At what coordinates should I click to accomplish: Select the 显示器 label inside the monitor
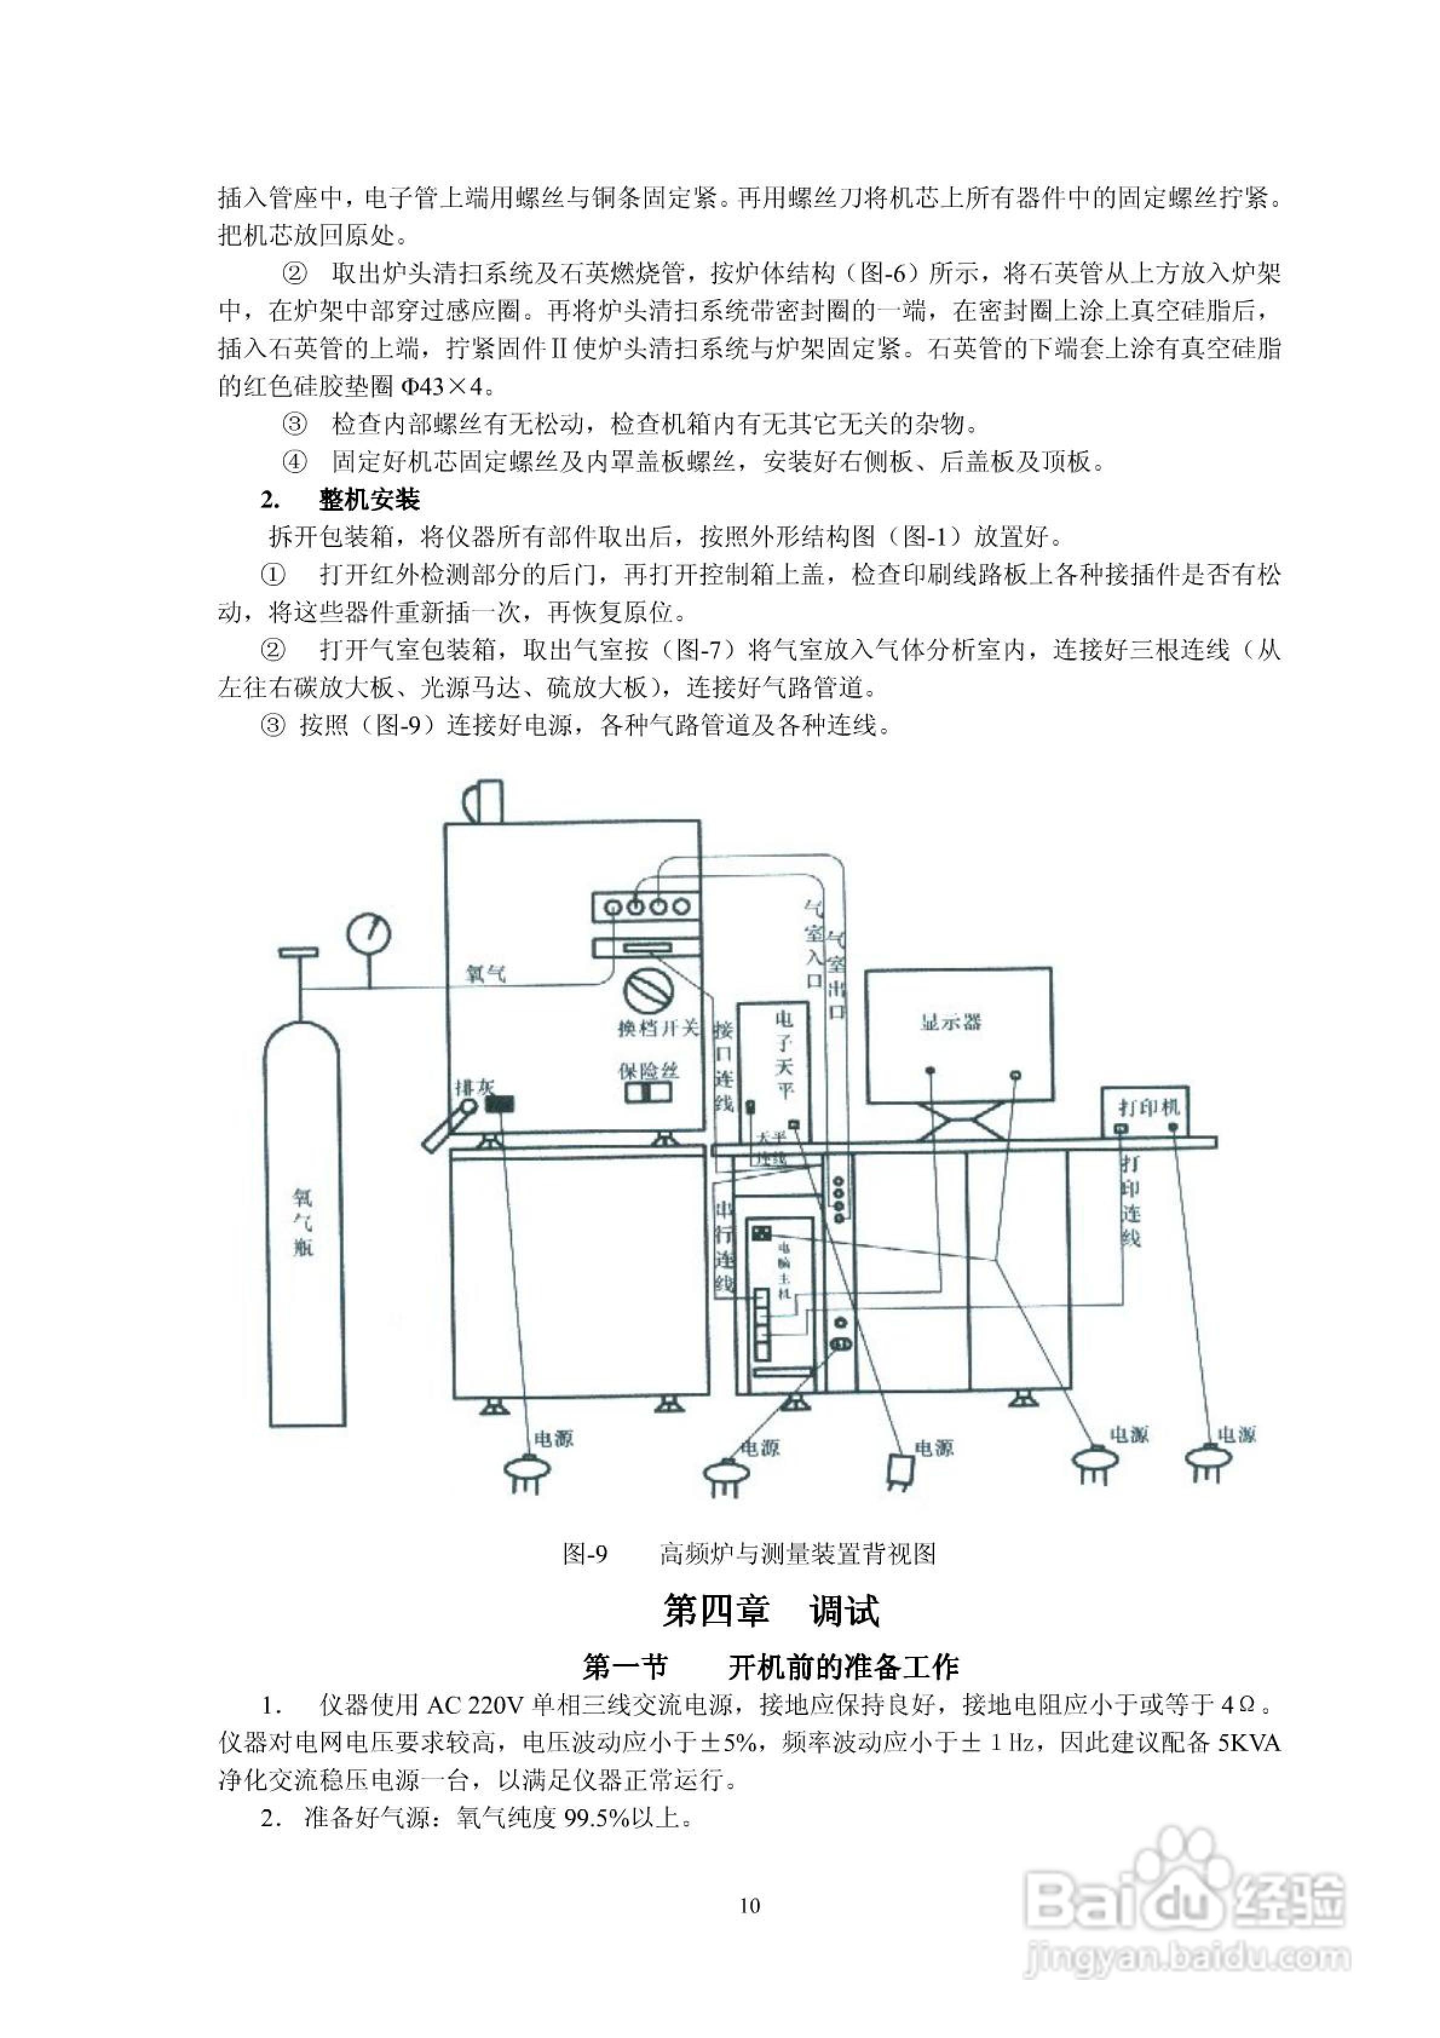[951, 1023]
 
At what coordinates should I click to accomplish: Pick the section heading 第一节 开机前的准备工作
[771, 1667]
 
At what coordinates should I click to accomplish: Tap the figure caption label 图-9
[585, 1553]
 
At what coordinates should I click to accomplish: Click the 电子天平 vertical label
[784, 1053]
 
